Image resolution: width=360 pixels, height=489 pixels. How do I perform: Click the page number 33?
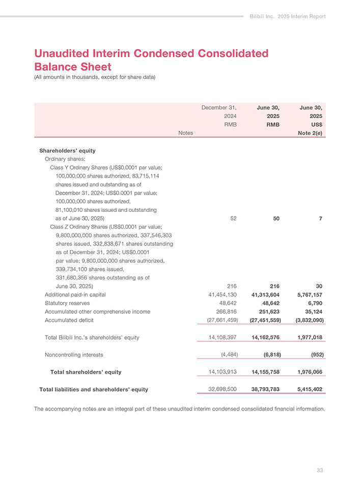(x=320, y=470)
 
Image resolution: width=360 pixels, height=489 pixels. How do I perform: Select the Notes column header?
(x=186, y=132)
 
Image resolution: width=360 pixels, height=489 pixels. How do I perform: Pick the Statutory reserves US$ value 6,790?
(x=315, y=303)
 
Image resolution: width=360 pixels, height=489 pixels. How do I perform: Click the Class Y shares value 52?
(x=233, y=218)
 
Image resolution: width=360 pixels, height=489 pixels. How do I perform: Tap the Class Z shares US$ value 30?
(x=319, y=286)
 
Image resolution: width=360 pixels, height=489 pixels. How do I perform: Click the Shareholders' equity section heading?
(x=67, y=150)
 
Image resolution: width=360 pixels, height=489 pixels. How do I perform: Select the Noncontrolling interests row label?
(x=74, y=355)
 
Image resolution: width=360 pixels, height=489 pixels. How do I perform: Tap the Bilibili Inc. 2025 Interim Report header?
(x=288, y=17)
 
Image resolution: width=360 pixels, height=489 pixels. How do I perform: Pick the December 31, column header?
(x=219, y=107)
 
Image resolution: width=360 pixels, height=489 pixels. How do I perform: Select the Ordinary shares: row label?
(x=65, y=159)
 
